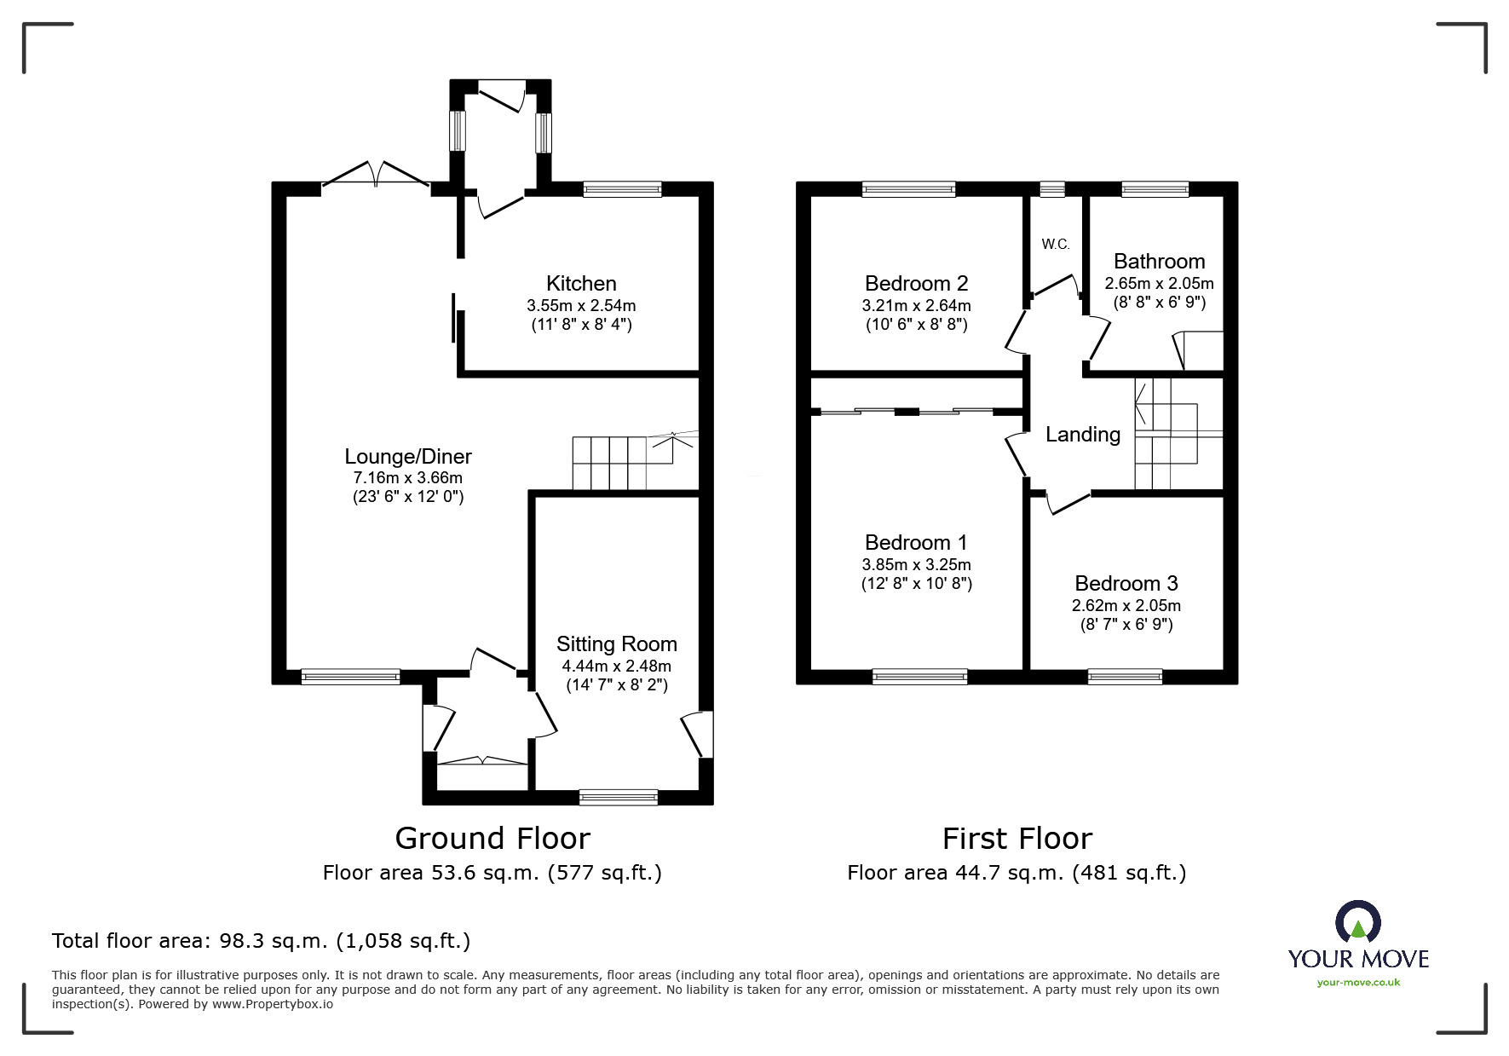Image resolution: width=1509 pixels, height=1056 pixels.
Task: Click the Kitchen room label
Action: click(x=580, y=284)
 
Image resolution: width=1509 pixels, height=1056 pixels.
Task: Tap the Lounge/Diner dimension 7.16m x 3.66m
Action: click(x=407, y=478)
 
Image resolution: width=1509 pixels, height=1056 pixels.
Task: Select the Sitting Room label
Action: click(x=616, y=644)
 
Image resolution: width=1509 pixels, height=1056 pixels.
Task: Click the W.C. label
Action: click(x=1055, y=245)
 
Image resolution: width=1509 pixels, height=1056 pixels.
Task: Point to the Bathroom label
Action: click(x=1159, y=262)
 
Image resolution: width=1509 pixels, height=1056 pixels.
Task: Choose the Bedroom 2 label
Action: click(x=916, y=284)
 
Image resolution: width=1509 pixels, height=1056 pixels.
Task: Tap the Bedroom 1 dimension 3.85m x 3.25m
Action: click(x=916, y=564)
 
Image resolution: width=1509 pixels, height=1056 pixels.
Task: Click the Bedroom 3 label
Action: click(x=1126, y=584)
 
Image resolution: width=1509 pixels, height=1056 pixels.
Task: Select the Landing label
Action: click(x=1082, y=435)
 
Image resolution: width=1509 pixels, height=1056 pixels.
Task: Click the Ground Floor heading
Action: click(x=492, y=839)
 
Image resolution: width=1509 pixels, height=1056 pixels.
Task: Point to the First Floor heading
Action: click(x=1017, y=839)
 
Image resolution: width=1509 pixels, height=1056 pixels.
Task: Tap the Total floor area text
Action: click(x=261, y=941)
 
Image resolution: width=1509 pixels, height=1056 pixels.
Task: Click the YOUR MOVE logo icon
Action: click(x=1357, y=923)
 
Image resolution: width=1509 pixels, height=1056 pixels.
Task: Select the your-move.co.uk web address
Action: click(x=1358, y=983)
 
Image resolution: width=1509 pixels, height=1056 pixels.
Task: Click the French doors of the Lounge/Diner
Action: click(x=376, y=174)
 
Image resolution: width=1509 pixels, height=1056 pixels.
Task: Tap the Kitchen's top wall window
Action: click(x=622, y=189)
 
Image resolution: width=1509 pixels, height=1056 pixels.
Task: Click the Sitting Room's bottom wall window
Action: click(x=618, y=798)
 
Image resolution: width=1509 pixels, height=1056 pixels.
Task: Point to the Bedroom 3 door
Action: click(x=1067, y=503)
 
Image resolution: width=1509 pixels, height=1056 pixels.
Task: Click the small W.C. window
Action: click(x=1052, y=189)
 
